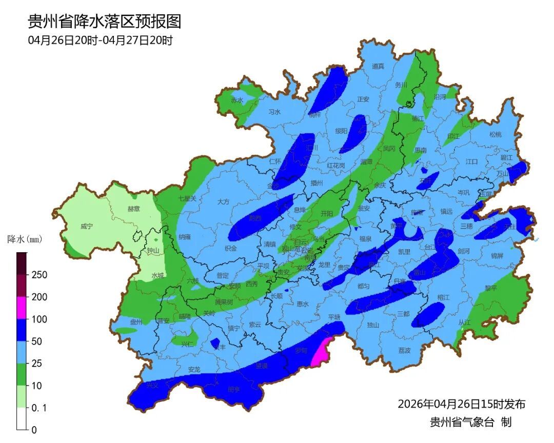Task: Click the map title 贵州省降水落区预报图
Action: click(x=104, y=21)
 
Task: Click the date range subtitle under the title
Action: click(x=100, y=40)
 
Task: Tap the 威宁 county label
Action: click(x=87, y=226)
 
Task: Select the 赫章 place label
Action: click(x=134, y=209)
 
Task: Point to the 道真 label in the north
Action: click(x=378, y=66)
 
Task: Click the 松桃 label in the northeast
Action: click(x=495, y=134)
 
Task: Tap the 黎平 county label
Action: click(x=491, y=288)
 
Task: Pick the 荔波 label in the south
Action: click(x=404, y=350)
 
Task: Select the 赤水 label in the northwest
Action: click(x=236, y=100)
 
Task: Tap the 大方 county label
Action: click(x=223, y=202)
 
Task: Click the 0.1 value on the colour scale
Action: click(x=39, y=408)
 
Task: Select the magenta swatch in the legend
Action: click(x=22, y=308)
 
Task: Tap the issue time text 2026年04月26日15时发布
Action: click(x=461, y=404)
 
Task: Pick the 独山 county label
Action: click(x=373, y=325)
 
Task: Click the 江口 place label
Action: click(x=471, y=161)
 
